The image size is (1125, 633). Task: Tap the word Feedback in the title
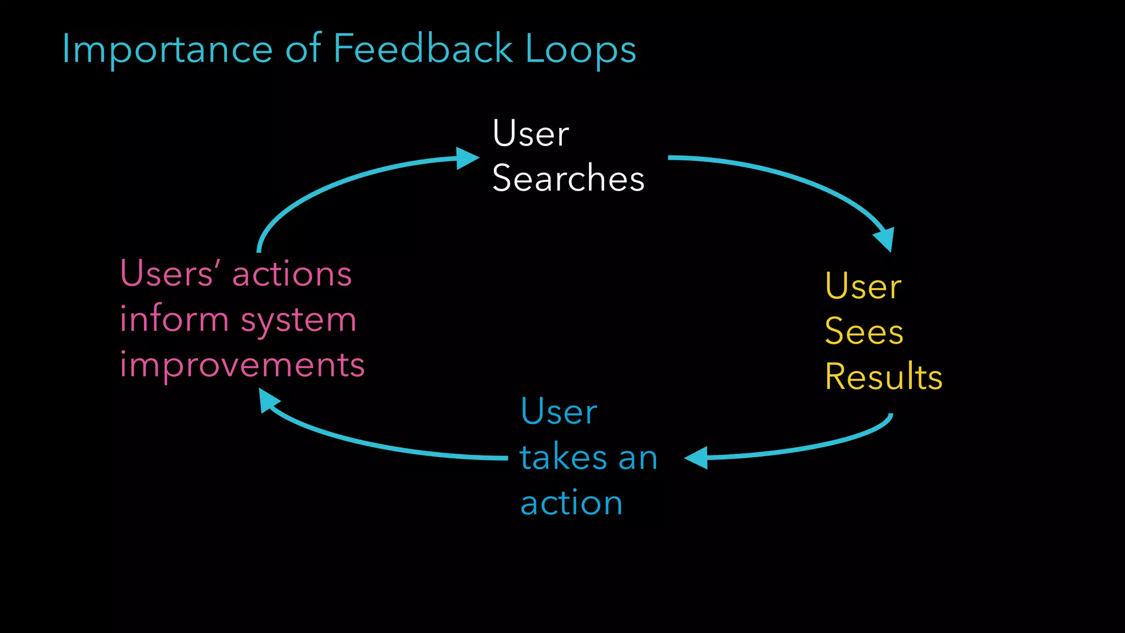click(x=422, y=49)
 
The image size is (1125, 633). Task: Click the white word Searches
click(x=568, y=179)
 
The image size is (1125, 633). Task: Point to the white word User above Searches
click(x=530, y=134)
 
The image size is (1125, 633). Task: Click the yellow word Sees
click(x=864, y=332)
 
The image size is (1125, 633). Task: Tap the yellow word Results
click(x=883, y=377)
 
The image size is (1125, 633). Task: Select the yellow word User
click(x=862, y=287)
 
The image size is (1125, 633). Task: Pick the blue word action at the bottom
click(x=571, y=503)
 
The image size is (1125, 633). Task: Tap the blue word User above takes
click(x=558, y=412)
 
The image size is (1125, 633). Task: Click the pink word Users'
click(x=171, y=274)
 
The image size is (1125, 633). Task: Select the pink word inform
click(x=174, y=319)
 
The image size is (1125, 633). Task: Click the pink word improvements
click(x=242, y=364)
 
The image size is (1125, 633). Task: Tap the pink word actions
click(x=292, y=274)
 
